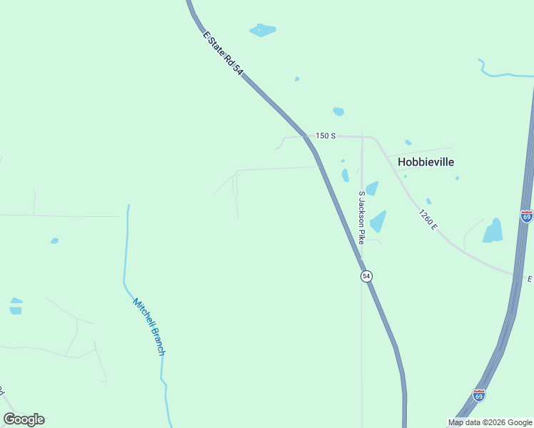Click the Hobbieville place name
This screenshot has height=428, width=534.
[425, 162]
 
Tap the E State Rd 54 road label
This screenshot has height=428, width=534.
[223, 53]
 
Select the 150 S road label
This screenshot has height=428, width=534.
[326, 136]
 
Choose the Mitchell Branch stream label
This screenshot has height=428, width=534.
[148, 327]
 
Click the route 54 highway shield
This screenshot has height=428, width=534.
[366, 276]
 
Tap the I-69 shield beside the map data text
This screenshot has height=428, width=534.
[478, 394]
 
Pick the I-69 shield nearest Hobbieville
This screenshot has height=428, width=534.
[526, 215]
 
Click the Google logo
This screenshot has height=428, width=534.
[24, 419]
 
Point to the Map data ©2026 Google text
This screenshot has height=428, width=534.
[490, 423]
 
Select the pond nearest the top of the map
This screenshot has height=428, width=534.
[262, 30]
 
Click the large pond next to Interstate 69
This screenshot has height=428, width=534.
[493, 231]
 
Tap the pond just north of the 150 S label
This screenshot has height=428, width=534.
[338, 111]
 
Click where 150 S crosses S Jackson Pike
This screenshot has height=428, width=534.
[362, 136]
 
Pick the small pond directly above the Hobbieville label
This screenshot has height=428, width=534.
[408, 143]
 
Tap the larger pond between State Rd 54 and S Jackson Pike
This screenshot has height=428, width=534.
[346, 175]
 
